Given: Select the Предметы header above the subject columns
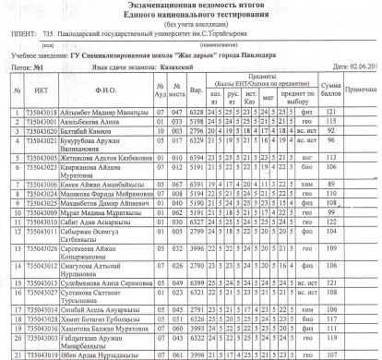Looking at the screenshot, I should pos(264,78).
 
